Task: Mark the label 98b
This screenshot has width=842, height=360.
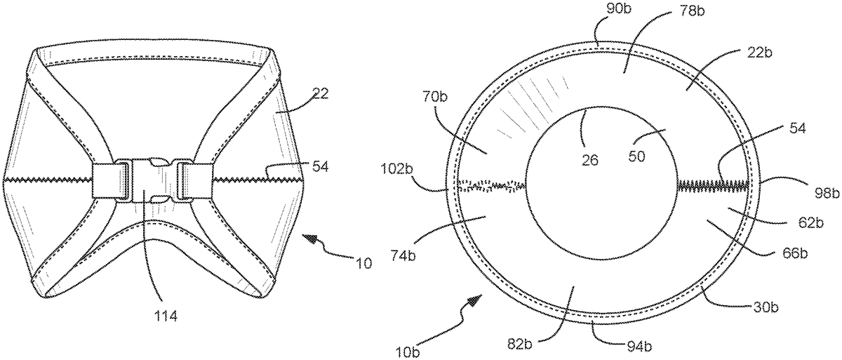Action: [782, 192]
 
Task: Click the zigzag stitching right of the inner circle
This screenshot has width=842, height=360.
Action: [712, 185]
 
